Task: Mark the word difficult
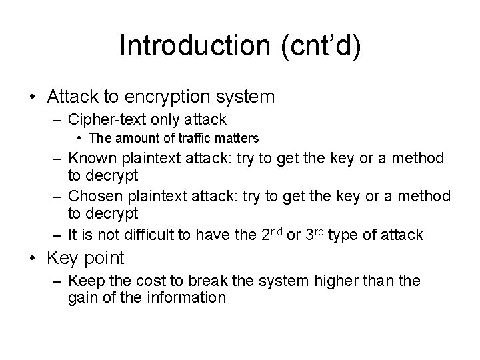click(152, 235)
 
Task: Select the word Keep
click(84, 281)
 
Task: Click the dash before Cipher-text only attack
click(57, 120)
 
